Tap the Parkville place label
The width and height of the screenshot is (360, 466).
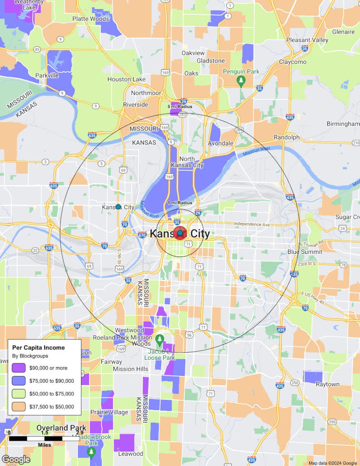(47, 76)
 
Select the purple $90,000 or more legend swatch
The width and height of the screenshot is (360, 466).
(18, 368)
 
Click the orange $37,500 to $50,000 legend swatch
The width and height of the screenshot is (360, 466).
(18, 407)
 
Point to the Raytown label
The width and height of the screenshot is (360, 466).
(327, 384)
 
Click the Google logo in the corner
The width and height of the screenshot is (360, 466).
(16, 459)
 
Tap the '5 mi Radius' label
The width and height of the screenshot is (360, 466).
(180, 106)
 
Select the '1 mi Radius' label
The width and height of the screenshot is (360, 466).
(180, 203)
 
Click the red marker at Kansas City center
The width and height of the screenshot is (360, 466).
(180, 234)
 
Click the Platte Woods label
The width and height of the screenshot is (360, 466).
(91, 19)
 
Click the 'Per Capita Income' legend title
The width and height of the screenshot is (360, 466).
(38, 348)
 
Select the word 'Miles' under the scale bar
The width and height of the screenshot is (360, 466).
(44, 445)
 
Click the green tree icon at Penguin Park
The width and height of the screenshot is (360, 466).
(241, 81)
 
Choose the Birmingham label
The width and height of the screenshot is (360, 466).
(343, 123)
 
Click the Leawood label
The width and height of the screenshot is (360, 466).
(130, 453)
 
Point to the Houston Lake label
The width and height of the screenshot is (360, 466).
(126, 79)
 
